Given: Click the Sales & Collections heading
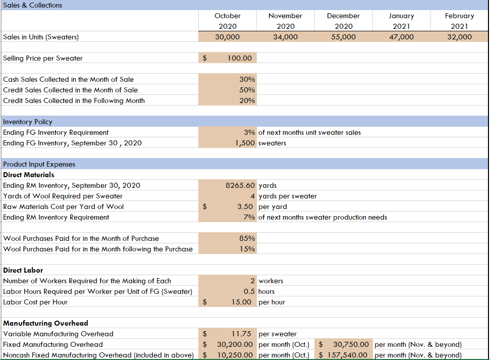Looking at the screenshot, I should coord(33,5).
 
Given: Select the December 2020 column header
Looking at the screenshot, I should coord(343,21).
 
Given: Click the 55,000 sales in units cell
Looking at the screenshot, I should coord(343,37).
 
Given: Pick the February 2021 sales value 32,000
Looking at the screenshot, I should coord(459,37).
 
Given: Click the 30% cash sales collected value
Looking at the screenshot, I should coord(247,79).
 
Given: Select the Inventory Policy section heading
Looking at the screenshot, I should coord(28,122).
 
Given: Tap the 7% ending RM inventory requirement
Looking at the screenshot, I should coord(249,217).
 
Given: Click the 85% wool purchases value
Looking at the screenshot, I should coord(247,238).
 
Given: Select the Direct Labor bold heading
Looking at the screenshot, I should coord(23,270).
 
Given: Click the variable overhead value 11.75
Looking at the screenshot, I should coord(241,334).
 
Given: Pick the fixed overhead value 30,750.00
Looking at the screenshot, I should coord(351,344).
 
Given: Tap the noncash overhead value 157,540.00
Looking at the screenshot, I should coord(349,355).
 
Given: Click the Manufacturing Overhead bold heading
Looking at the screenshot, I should coord(45,323).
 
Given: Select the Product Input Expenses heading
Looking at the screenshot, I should coord(39,164).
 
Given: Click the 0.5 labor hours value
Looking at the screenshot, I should coord(249,291).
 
